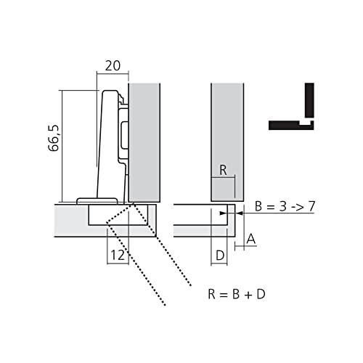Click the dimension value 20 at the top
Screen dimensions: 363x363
pos(113,66)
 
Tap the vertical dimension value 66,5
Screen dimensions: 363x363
pos(54,139)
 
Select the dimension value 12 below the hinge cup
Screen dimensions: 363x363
pos(118,255)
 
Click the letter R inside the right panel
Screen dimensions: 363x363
pos(223,170)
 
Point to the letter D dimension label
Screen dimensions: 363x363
pos(220,256)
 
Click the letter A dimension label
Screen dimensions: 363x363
pos(251,239)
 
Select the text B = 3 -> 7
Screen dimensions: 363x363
pos(285,206)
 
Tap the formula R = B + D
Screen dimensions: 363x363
pos(237,294)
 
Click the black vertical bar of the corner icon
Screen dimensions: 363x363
pos(309,100)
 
